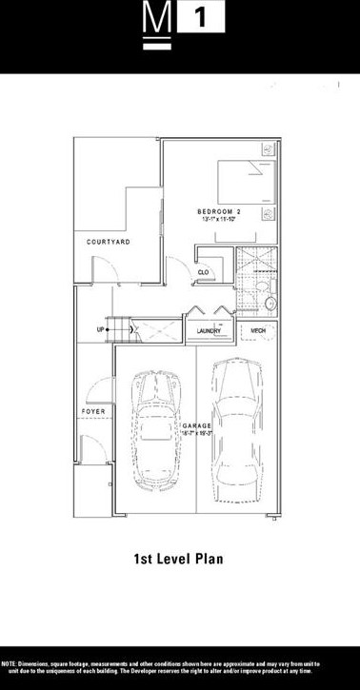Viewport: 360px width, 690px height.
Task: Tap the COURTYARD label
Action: tap(109, 243)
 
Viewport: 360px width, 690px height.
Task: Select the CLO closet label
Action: tap(203, 272)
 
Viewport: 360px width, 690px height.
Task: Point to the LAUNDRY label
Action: tap(209, 331)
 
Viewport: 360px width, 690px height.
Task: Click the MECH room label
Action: tap(257, 330)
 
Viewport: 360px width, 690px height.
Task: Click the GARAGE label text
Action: tap(196, 425)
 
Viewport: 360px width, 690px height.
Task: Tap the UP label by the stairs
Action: tap(101, 330)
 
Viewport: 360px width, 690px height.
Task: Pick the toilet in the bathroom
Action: tap(269, 303)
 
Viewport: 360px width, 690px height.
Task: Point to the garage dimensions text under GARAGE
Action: tap(196, 434)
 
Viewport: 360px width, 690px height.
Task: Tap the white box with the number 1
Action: tap(198, 21)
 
